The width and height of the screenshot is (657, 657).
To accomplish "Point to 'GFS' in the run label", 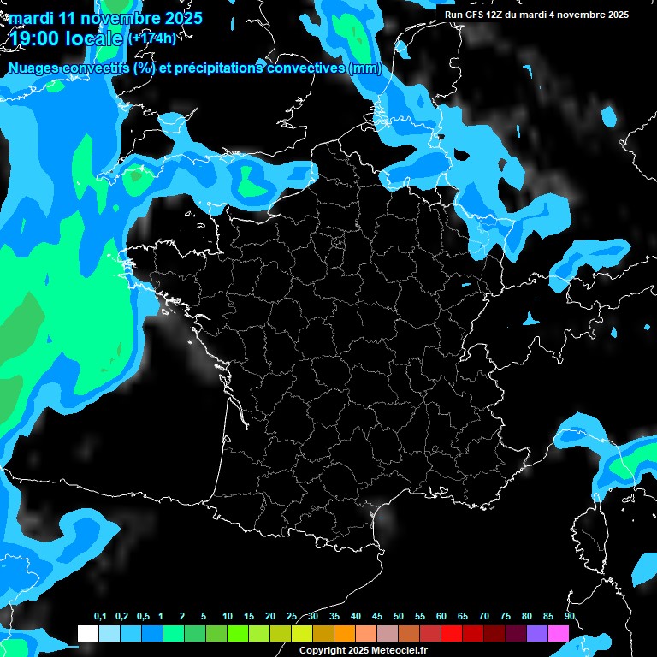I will tap(476, 15).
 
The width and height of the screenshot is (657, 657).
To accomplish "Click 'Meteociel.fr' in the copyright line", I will tap(400, 651).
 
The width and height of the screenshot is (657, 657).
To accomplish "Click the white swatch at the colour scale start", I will tap(87, 633).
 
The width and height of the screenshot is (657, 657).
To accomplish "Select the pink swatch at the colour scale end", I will tap(559, 633).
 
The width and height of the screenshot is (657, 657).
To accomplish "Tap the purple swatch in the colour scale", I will tap(537, 633).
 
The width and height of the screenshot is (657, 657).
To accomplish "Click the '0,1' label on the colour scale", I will tap(100, 617).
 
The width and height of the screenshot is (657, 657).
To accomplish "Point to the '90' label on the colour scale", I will tap(569, 617).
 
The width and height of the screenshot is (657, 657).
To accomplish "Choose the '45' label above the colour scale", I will tap(377, 617).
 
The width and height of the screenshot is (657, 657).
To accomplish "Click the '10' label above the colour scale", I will tap(227, 617).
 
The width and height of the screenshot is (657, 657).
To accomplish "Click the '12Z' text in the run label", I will tap(498, 15).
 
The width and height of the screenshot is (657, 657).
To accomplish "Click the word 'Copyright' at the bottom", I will tap(323, 651).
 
